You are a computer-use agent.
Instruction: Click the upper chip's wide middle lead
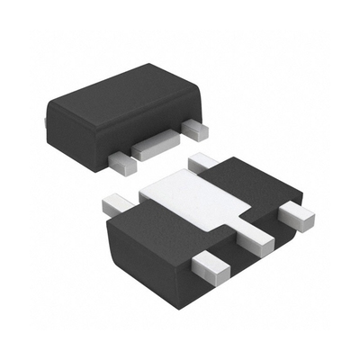[155, 148]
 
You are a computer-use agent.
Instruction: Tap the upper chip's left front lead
[121, 160]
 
